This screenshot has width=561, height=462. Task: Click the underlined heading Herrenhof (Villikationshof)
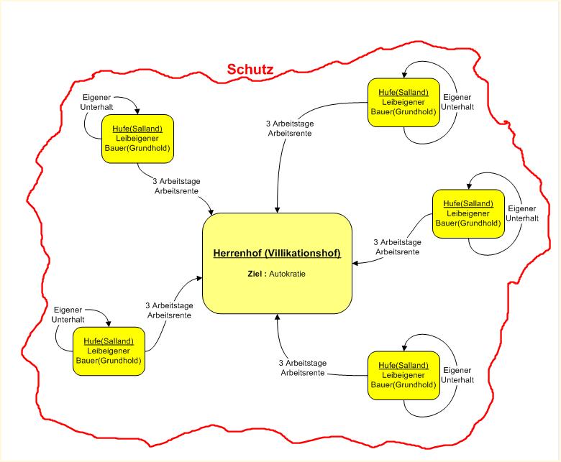277,254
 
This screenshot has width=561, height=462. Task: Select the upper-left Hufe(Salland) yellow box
137,138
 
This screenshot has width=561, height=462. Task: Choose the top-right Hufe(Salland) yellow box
403,102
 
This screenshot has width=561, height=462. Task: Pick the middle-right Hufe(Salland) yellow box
468,213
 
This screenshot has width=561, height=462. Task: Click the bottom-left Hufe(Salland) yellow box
109,350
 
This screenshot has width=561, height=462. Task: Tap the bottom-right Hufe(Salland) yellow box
403,374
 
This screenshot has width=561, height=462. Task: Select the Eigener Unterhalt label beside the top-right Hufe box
457,102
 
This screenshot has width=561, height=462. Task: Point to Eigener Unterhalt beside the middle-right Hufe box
522,213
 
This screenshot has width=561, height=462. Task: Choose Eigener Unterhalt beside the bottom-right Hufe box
457,374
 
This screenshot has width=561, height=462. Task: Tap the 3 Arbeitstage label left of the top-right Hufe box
289,128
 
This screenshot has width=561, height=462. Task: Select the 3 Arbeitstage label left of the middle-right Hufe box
397,247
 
